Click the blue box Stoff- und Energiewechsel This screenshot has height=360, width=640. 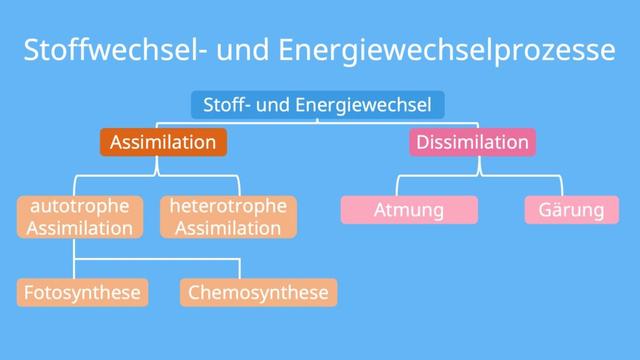point(317,104)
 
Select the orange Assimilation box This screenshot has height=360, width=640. point(162,142)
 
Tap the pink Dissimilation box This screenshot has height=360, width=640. point(472,142)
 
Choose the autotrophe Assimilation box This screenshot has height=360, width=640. point(81,217)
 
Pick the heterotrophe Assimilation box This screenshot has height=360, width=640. point(228,217)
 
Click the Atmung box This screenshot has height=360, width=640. point(409,210)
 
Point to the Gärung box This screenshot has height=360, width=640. point(571,210)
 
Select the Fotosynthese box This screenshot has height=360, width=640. point(81,293)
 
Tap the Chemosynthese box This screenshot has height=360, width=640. point(258,293)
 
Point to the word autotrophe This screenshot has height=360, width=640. point(80,206)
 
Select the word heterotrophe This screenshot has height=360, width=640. point(228,206)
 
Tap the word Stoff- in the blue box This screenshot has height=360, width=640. point(226,104)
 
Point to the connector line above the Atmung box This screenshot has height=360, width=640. point(397,187)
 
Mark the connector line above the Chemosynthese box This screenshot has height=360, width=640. point(240,268)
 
